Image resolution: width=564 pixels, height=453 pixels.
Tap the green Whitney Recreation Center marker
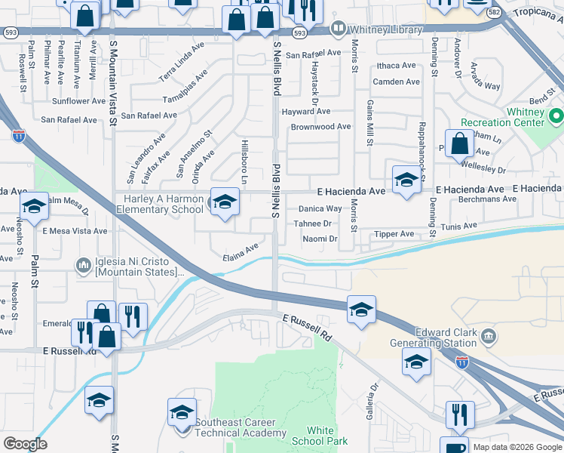(556, 117)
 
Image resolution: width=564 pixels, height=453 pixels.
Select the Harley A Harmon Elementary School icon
(222, 203)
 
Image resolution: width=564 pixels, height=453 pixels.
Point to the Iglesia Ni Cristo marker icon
(83, 265)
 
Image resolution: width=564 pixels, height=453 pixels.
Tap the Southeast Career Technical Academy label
(241, 427)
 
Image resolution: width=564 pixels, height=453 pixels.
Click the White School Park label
(321, 436)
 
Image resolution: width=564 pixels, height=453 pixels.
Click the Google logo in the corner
(25, 444)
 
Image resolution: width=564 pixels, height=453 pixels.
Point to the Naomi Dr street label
(320, 239)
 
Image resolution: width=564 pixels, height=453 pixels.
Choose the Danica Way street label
(320, 208)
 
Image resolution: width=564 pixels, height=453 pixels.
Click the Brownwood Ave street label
(321, 127)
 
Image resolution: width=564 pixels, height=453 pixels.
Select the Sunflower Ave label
(78, 100)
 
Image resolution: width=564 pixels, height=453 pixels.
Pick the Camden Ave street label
(395, 82)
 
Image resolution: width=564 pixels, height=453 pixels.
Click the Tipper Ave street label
(394, 234)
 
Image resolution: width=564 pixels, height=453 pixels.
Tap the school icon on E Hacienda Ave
(406, 180)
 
